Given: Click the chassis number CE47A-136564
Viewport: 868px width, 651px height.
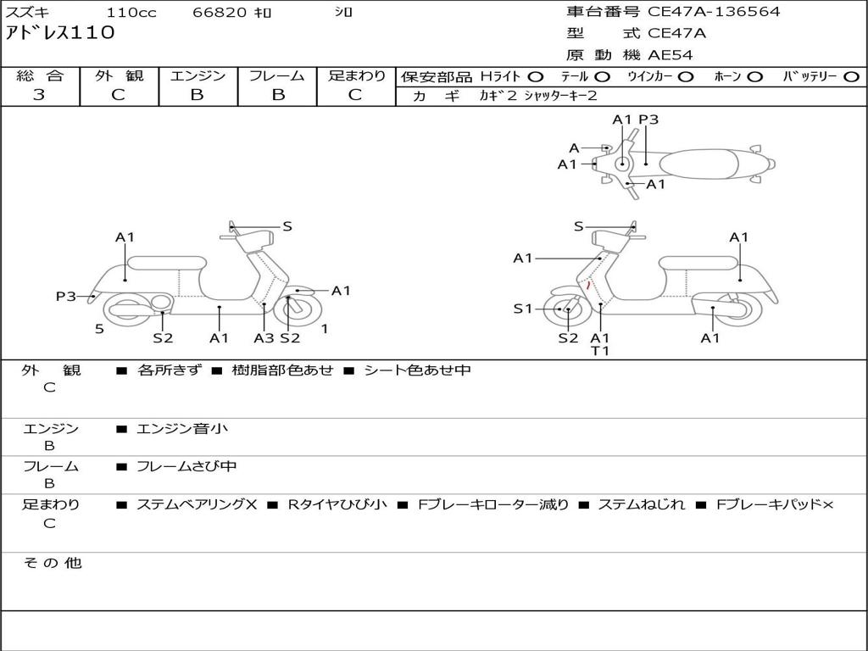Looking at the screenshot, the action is point(714,12).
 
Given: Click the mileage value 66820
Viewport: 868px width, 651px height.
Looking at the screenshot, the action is point(220,13).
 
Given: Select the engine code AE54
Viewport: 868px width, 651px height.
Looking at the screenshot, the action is point(670,55).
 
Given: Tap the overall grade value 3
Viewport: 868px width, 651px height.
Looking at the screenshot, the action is point(39,95).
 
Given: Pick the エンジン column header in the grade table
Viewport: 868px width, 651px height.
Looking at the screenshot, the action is point(198,76).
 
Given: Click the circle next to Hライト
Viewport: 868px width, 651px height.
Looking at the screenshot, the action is point(536,76).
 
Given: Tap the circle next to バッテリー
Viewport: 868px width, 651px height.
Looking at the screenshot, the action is point(851,76).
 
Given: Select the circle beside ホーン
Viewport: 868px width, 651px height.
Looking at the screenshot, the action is point(754,76).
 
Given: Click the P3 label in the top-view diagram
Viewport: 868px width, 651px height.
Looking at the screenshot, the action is point(648,120).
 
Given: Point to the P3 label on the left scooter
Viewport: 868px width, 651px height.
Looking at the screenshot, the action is point(66,296).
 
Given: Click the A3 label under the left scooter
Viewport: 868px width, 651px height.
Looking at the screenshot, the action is point(264,338).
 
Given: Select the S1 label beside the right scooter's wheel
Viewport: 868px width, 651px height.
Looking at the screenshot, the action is point(523,309).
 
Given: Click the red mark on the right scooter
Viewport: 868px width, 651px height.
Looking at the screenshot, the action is point(588,287).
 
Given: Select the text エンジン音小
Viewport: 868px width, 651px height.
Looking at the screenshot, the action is point(182,429).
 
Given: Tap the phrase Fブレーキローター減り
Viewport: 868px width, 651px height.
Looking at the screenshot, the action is point(493,504).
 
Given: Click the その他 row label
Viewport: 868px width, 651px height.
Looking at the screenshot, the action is point(53,563).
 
